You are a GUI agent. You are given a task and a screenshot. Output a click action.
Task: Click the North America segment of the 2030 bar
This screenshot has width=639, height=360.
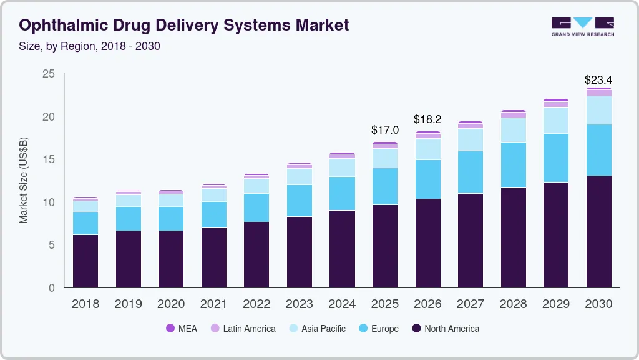[x=598, y=231]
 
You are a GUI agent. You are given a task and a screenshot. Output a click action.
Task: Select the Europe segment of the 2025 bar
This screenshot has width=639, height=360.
[x=384, y=186]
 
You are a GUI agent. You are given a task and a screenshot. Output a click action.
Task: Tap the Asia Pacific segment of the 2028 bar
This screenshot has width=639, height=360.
[x=513, y=130]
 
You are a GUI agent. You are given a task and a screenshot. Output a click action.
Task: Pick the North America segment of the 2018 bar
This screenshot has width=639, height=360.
[x=85, y=261]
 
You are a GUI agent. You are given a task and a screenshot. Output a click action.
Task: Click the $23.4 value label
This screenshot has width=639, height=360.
[x=598, y=80]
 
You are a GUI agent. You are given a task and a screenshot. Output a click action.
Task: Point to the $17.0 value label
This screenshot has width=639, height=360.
[x=384, y=130]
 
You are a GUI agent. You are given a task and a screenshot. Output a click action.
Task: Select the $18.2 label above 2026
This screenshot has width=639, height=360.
[x=427, y=119]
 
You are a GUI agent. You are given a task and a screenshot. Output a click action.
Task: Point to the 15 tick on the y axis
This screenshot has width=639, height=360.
[x=49, y=159]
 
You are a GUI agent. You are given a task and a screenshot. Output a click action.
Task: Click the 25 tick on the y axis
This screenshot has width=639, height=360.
[x=49, y=74]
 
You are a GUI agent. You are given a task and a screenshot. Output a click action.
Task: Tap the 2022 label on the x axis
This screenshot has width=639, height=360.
[x=256, y=304]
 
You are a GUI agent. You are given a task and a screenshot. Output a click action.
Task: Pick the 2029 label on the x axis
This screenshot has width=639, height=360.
[x=555, y=304]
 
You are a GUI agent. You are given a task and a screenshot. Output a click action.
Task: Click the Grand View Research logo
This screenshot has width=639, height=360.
[x=582, y=27]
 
